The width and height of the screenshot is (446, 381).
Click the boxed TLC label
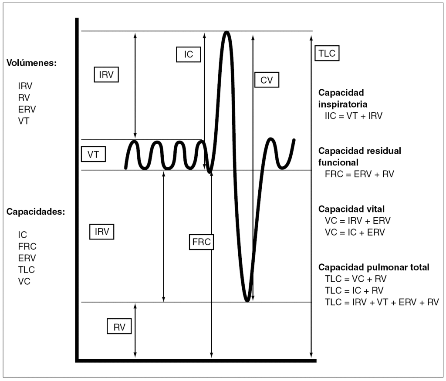(326, 54)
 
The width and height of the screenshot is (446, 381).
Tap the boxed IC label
(188, 54)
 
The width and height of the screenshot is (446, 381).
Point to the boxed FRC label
(201, 242)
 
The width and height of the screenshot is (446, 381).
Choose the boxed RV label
(119, 327)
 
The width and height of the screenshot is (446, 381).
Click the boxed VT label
(93, 154)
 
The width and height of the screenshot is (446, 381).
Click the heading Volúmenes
(31, 63)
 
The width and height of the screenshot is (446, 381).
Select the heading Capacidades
(36, 212)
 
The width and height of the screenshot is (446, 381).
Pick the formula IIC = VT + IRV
(351, 116)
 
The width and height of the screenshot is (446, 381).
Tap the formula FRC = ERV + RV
(360, 174)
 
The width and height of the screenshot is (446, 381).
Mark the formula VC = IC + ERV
(355, 232)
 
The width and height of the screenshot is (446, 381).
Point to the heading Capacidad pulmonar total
(374, 267)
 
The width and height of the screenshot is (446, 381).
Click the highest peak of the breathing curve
(226, 33)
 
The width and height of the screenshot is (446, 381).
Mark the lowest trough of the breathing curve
(247, 300)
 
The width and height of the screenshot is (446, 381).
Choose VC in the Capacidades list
(24, 281)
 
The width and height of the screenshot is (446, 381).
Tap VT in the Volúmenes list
(24, 121)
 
